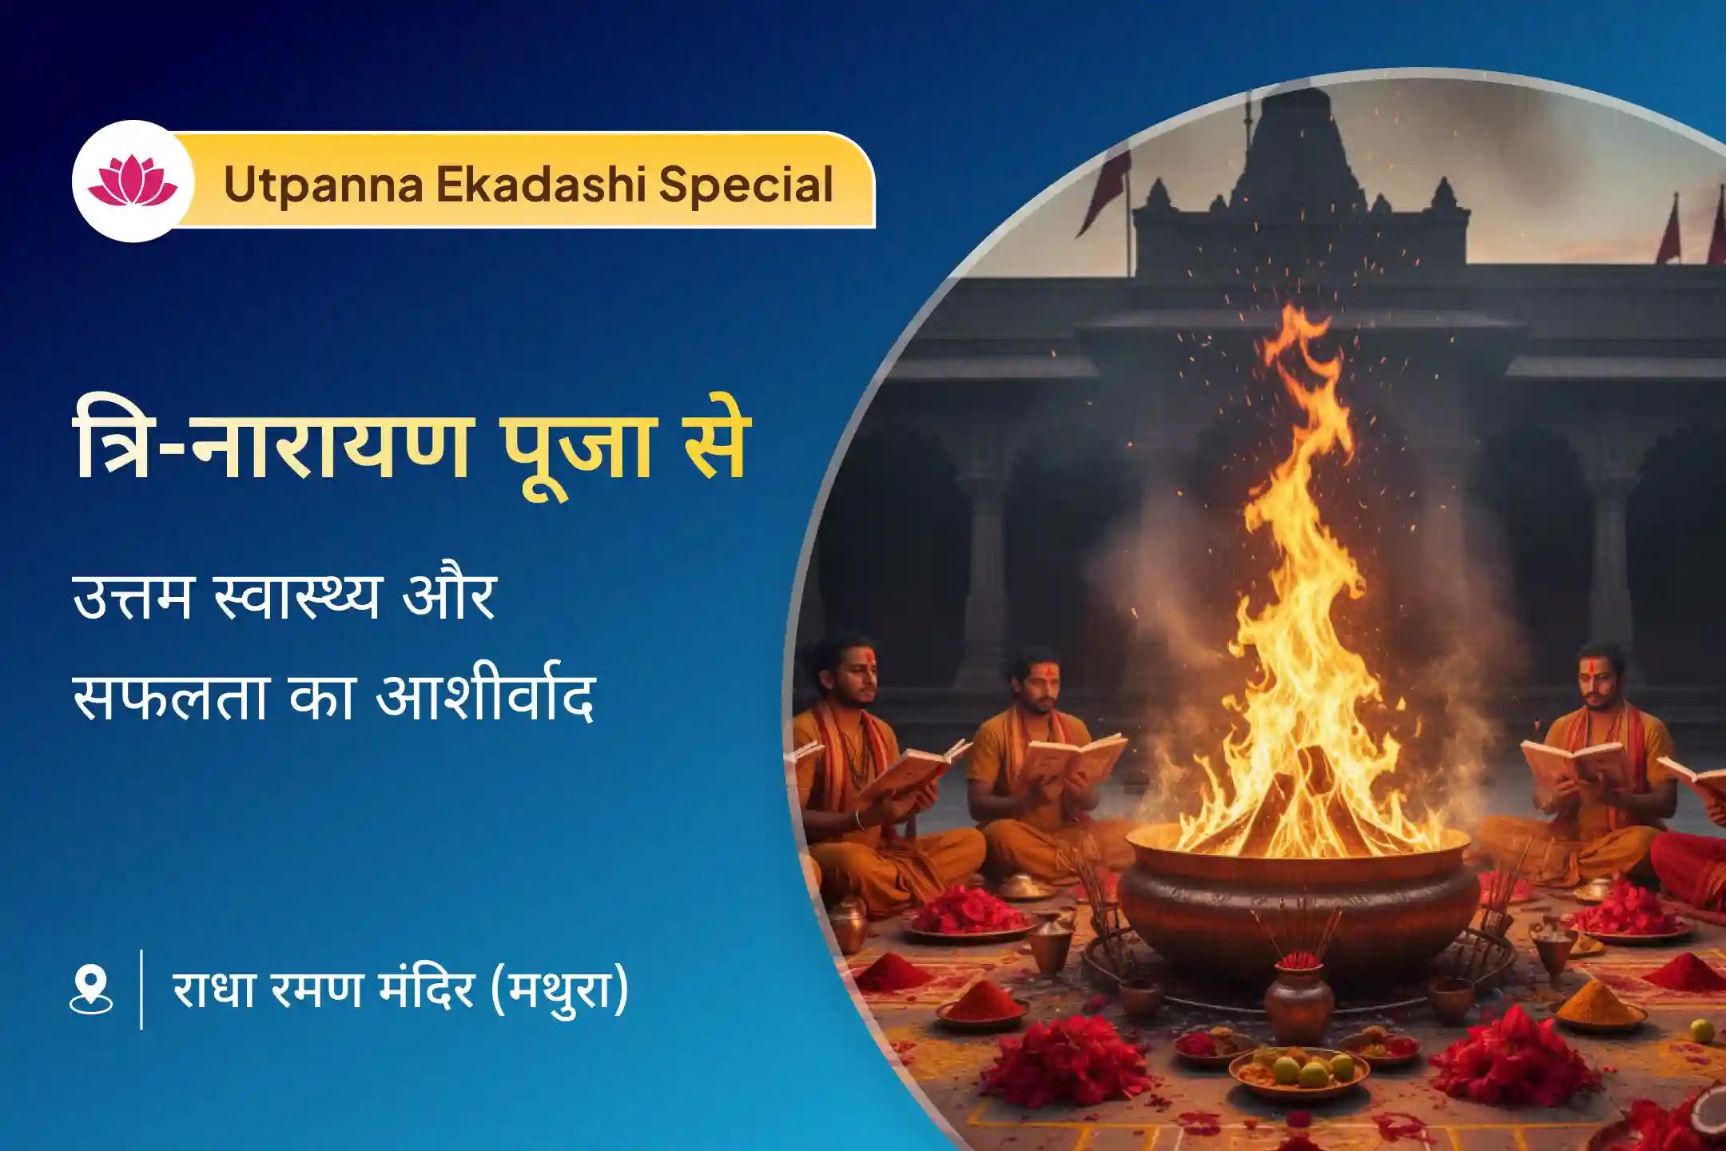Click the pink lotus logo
pos(133,181)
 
